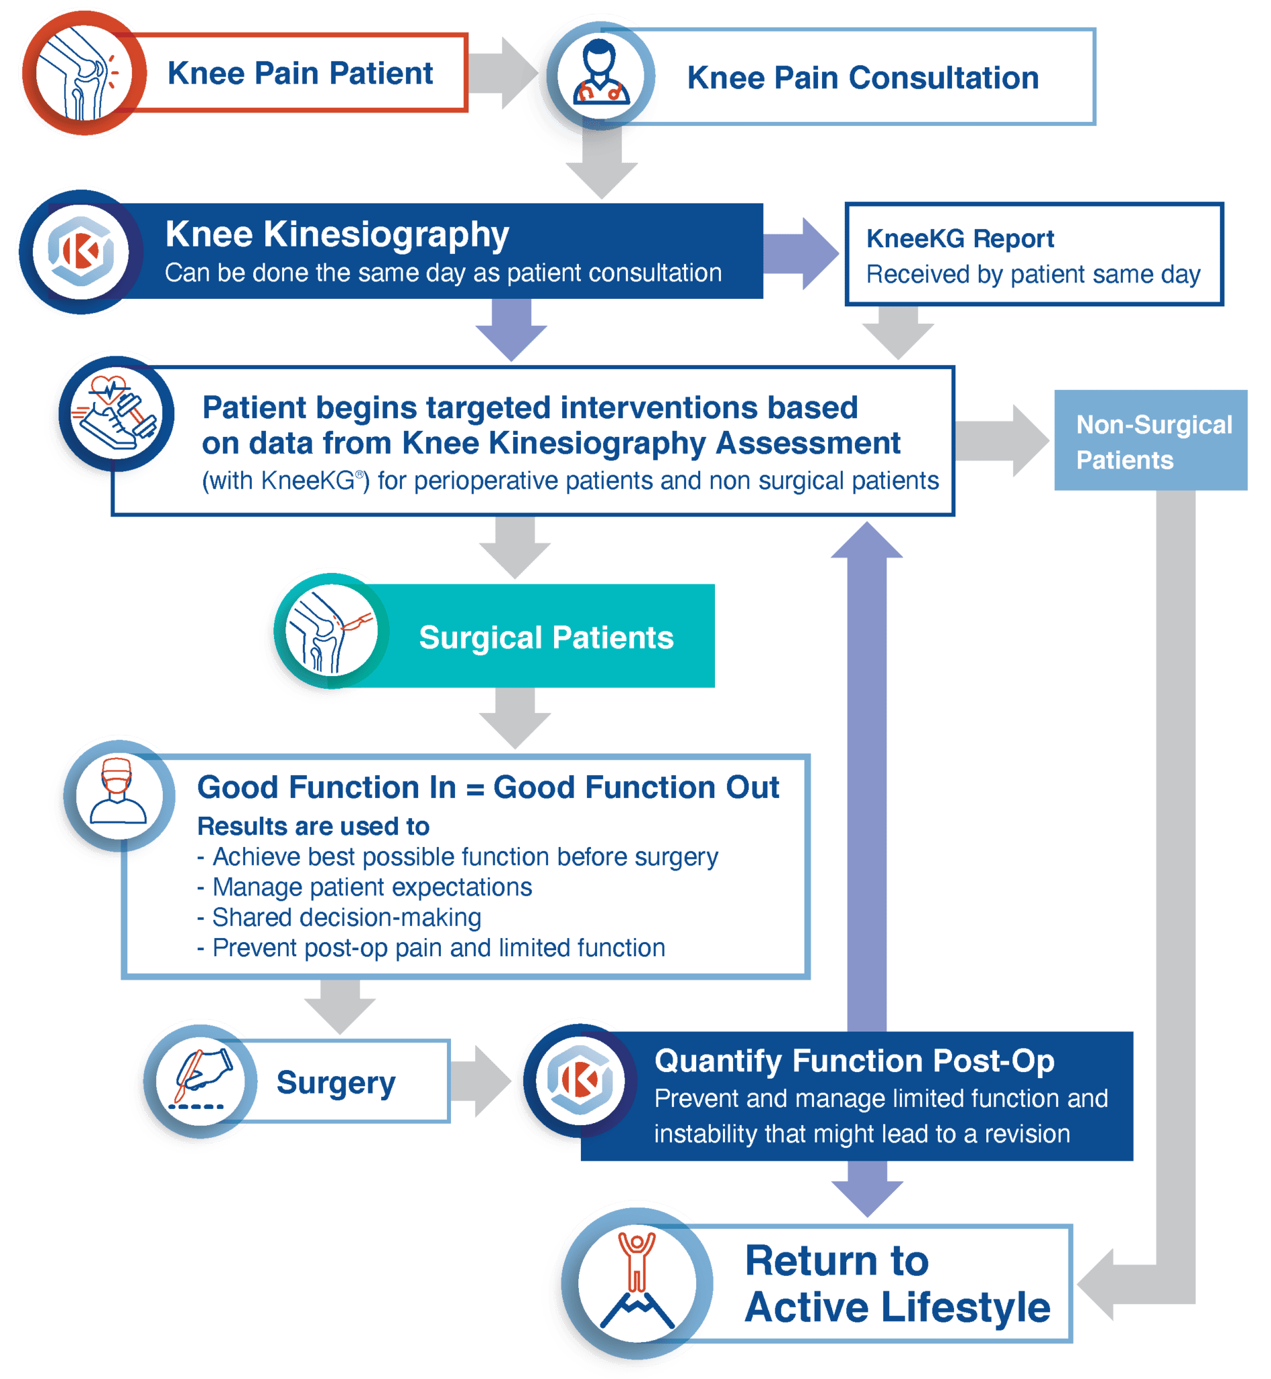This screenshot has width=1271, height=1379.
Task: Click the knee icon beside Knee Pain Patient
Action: pos(81,73)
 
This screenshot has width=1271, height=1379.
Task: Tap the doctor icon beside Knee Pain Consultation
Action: pos(600,74)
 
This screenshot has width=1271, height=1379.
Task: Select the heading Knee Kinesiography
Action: pos(337,234)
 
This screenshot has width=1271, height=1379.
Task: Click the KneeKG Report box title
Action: pos(959,238)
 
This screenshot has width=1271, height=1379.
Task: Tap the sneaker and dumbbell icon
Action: pos(116,414)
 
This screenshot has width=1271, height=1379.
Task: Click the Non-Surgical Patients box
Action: pos(1150,440)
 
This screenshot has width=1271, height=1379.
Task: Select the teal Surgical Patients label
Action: pos(546,637)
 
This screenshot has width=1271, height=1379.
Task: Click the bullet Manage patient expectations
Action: pos(372,887)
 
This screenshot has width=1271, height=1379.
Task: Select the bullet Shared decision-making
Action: pos(346,918)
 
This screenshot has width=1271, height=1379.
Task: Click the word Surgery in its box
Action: pos(336,1082)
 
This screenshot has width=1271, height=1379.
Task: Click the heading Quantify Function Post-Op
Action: pos(854,1061)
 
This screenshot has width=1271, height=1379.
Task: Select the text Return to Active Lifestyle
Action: pos(897,1283)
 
